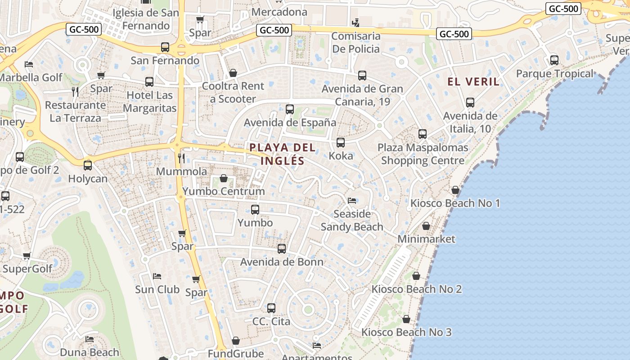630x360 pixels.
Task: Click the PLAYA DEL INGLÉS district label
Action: click(x=282, y=154)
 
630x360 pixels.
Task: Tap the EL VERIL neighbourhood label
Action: click(x=473, y=81)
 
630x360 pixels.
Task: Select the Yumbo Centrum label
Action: click(x=224, y=191)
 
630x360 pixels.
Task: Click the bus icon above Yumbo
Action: click(x=255, y=209)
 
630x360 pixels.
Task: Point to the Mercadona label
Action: click(x=279, y=12)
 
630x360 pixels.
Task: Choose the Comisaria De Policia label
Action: click(x=355, y=42)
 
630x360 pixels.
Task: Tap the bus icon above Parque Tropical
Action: click(x=554, y=60)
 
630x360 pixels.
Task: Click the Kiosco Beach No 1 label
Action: click(x=455, y=203)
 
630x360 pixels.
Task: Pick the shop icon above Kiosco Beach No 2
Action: click(x=416, y=276)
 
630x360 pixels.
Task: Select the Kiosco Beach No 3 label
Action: click(x=406, y=333)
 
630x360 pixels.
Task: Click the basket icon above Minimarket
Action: click(x=426, y=226)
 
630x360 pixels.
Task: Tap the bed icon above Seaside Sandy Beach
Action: click(x=352, y=200)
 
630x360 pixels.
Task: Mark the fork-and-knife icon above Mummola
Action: click(x=181, y=158)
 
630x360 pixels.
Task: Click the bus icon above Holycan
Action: click(x=88, y=165)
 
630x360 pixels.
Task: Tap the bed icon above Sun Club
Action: click(x=157, y=276)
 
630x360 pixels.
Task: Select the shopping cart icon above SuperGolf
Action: click(x=27, y=256)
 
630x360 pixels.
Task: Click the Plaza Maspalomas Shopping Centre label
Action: click(x=423, y=154)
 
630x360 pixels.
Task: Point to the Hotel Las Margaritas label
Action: click(x=149, y=102)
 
